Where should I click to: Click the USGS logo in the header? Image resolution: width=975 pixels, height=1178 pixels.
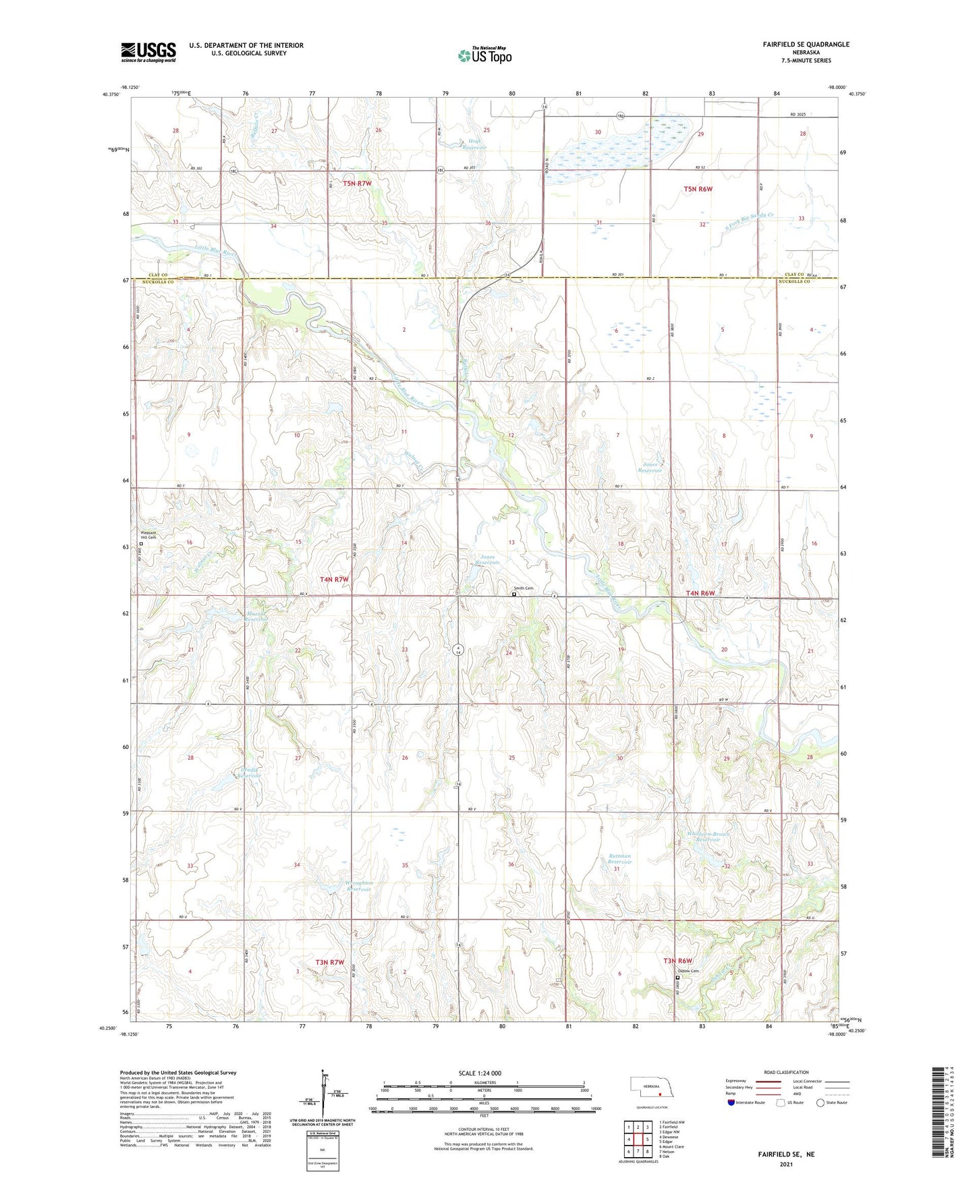[x=148, y=52]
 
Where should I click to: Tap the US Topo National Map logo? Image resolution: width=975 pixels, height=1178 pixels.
[x=484, y=55]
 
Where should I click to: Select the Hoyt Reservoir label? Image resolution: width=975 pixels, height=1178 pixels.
[x=476, y=145]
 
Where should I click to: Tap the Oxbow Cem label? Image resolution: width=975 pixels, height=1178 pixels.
[x=688, y=971]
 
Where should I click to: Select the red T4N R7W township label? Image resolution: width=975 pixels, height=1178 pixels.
[x=334, y=580]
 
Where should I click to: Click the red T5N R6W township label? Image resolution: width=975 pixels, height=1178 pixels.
[x=698, y=190]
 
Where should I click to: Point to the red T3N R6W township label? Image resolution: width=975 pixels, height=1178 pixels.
[x=677, y=961]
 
